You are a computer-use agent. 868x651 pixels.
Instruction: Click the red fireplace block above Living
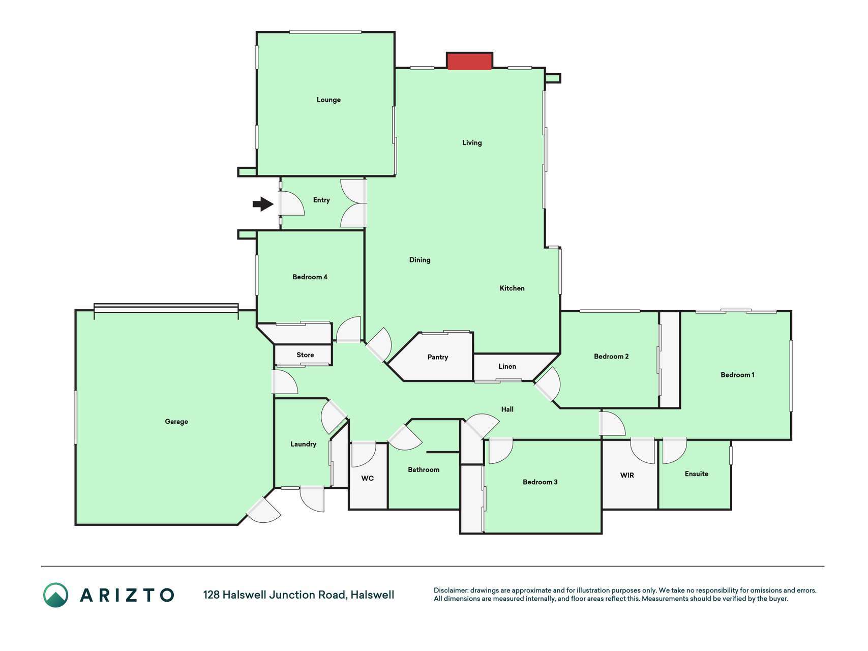coord(469,61)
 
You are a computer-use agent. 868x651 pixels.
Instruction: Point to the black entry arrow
coord(263,204)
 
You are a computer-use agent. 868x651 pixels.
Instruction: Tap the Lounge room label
coord(328,100)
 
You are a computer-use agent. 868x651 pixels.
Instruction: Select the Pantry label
coord(438,357)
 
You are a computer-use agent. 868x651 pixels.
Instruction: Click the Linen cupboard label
coord(507,366)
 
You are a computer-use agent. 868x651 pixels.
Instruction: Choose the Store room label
coord(305,355)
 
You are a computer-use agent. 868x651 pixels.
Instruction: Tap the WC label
coord(367,478)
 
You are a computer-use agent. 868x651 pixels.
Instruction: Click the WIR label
coord(627,475)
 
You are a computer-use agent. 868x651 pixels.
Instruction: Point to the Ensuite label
coord(696,474)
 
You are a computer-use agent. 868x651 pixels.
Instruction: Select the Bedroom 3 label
coord(540,482)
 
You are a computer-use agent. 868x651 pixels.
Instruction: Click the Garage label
coord(176,422)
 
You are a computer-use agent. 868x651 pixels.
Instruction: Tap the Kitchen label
coord(512,288)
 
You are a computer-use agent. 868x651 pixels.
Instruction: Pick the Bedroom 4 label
coord(310,277)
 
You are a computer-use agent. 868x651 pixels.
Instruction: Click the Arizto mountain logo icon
coord(55,595)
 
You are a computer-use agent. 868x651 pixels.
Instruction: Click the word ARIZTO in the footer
coord(127,595)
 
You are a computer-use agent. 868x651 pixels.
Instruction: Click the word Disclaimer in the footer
coord(451,590)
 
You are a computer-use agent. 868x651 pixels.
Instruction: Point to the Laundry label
coord(303,444)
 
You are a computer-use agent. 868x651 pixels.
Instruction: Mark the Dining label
coord(420,260)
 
